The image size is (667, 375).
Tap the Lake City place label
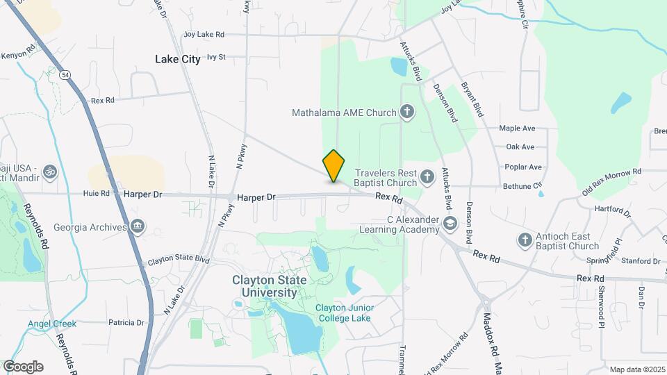pos(177,60)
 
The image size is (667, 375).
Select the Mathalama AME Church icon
pos(407,112)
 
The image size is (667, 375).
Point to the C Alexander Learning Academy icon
pos(450,223)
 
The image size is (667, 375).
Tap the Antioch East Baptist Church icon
pos(525,240)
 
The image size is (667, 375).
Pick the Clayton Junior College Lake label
pos(344,313)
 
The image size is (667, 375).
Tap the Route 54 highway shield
pos(64,74)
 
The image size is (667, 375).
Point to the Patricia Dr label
pos(126,323)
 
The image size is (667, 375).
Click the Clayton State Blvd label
pos(179,261)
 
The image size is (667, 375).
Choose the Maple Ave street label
pos(517,128)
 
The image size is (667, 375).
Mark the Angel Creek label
pos(52,324)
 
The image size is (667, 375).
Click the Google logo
pos(23,367)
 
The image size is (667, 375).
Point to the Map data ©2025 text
pos(636,369)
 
